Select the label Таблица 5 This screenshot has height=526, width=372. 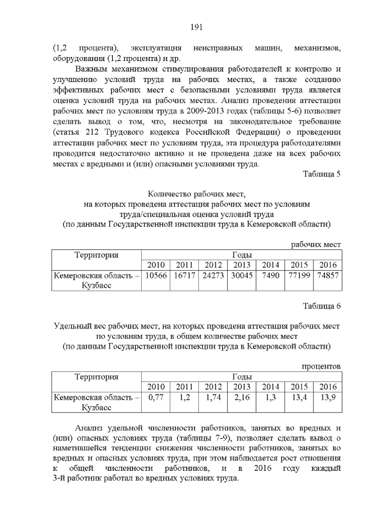(x=321, y=174)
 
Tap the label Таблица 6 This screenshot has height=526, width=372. (x=321, y=306)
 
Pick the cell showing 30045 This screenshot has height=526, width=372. (x=241, y=276)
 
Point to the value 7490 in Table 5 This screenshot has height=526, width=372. (x=270, y=276)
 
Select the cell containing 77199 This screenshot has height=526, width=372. (x=299, y=276)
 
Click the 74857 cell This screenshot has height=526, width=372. (x=327, y=276)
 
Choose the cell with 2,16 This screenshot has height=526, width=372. (x=241, y=398)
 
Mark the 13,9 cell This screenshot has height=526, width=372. (x=327, y=398)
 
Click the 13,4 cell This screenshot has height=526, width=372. (x=299, y=398)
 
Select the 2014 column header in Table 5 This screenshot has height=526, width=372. (x=270, y=266)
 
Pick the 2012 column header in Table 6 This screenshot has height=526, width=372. (x=213, y=387)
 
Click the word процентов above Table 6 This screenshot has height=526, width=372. (x=321, y=366)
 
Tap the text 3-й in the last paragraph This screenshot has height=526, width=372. (x=59, y=478)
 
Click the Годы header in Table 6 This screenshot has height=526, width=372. (x=241, y=377)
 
